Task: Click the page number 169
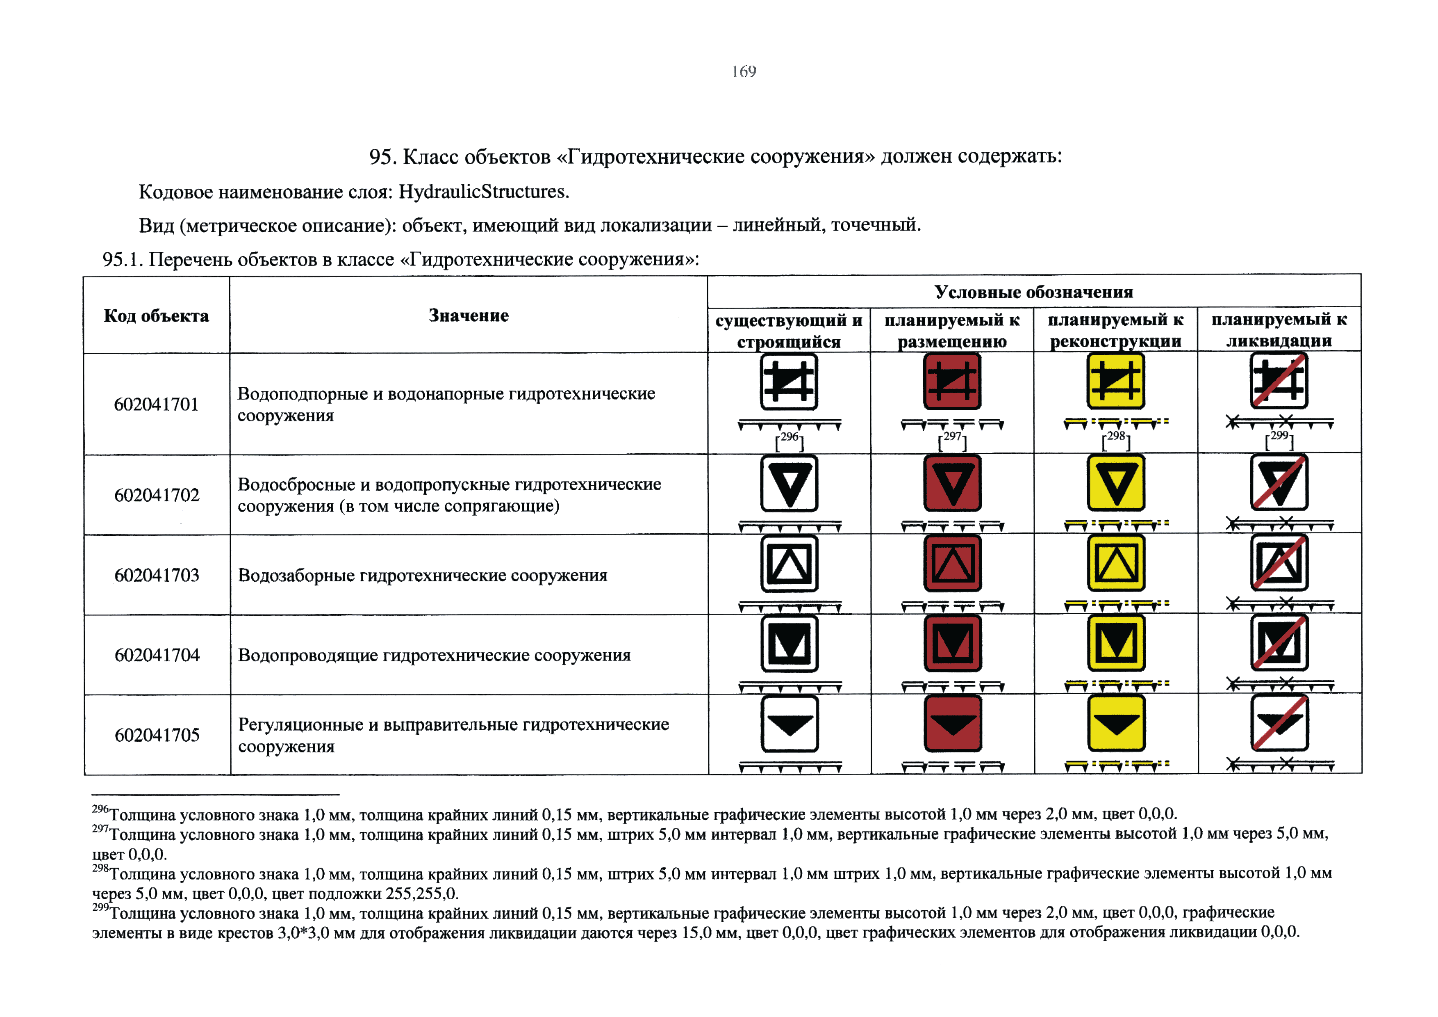(744, 71)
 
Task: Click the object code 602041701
(156, 404)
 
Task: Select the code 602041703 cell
(157, 575)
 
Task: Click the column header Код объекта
(156, 316)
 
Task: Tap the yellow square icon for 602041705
(1116, 723)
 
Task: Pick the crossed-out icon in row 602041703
(1279, 563)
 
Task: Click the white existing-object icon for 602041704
(789, 644)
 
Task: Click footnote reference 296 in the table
(789, 437)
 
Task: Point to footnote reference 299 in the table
(1279, 436)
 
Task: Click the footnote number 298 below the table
(100, 868)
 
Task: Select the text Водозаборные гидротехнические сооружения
(422, 575)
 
